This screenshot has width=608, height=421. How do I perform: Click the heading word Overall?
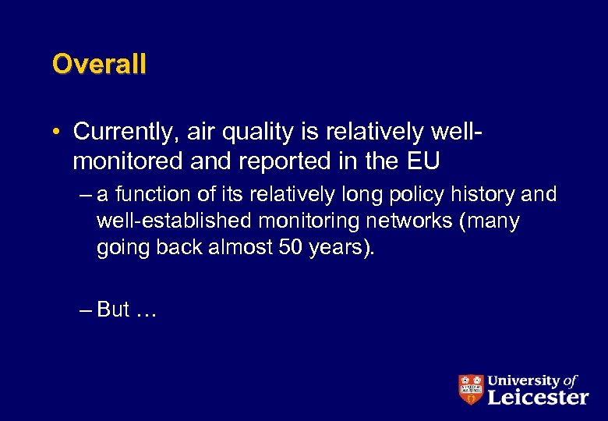tap(99, 64)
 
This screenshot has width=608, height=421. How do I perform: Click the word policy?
tap(413, 194)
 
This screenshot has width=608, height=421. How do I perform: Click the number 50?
tap(290, 249)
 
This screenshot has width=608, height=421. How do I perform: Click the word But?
tap(113, 310)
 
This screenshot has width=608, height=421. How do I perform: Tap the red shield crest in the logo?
tap(470, 389)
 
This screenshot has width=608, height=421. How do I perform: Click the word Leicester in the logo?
tap(538, 397)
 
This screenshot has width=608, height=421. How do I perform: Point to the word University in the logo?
tap(523, 380)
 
